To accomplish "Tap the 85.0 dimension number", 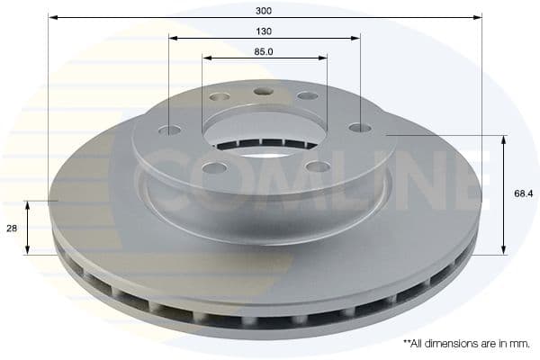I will [264, 51].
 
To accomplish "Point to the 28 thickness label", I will [12, 229].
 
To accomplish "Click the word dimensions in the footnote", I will [454, 344].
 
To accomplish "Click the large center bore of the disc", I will [264, 131].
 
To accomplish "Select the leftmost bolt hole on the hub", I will [168, 130].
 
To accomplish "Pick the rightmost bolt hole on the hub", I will [359, 127].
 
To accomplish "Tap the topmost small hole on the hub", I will [264, 91].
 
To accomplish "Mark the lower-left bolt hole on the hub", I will [214, 167].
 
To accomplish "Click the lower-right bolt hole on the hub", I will [318, 166].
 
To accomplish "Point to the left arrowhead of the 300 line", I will [52, 16].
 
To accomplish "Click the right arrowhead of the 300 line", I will [478, 16].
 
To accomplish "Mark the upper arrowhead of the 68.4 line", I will [503, 139].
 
